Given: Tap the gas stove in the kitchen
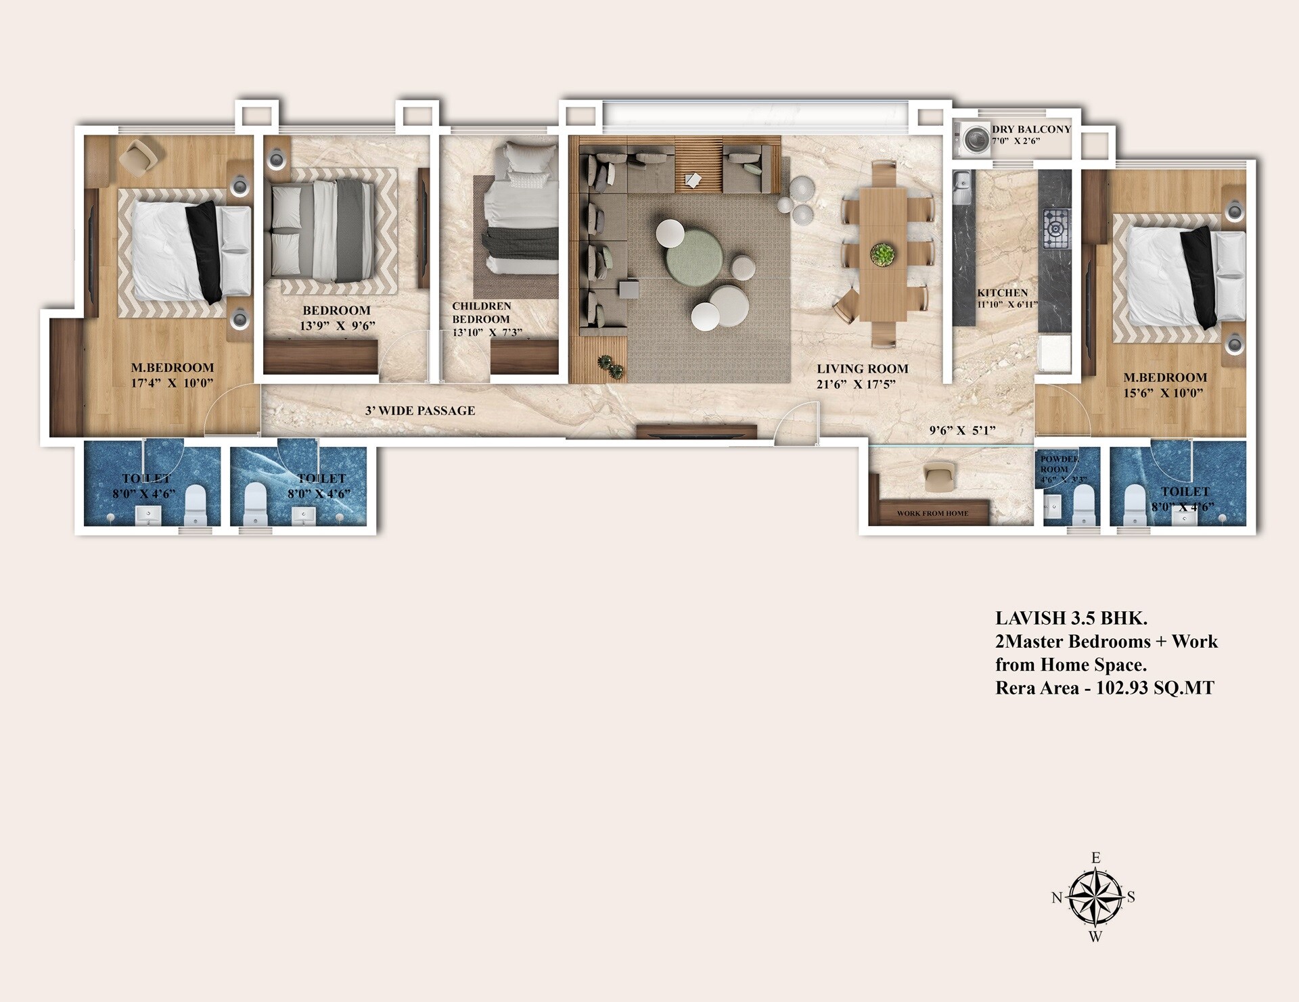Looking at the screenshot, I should [1056, 228].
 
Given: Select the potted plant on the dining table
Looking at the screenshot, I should [882, 254].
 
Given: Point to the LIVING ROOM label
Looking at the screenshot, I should [862, 369].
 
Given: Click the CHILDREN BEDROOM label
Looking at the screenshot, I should [481, 312].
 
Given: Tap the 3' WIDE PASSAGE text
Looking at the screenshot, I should [420, 410].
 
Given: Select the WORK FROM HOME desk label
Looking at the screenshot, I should [932, 513].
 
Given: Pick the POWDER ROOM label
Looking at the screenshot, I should [1059, 464].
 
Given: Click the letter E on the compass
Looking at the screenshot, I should [1096, 858].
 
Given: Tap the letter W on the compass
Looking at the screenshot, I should [1095, 937].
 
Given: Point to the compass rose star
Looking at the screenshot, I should [1095, 898].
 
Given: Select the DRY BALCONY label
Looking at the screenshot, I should [1031, 129].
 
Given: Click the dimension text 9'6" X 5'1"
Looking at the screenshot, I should [962, 431].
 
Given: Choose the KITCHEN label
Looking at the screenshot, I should [1002, 293].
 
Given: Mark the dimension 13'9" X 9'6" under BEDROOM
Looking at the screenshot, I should [337, 326].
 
